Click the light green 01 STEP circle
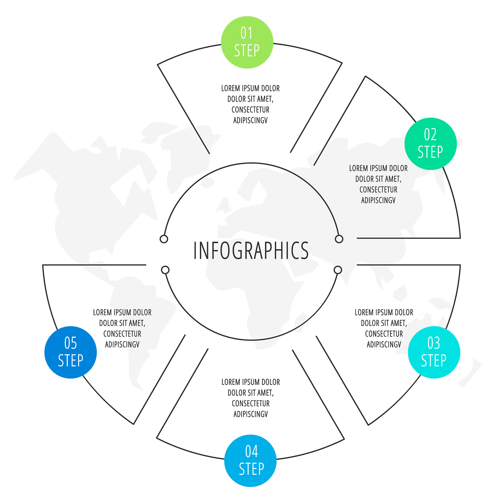[247, 42]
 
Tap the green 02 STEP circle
[431, 144]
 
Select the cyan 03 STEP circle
[434, 352]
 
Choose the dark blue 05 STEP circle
[70, 352]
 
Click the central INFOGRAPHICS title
[251, 251]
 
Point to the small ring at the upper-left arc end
[164, 239]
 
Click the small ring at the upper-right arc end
[339, 239]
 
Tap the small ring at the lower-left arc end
[165, 270]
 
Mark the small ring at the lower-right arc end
[338, 270]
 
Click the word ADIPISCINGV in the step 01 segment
[251, 121]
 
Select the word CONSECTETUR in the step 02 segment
[378, 190]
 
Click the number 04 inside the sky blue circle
[251, 452]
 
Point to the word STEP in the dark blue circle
[70, 361]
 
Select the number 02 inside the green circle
[430, 135]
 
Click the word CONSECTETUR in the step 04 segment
[251, 404]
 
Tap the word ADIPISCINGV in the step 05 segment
[122, 345]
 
